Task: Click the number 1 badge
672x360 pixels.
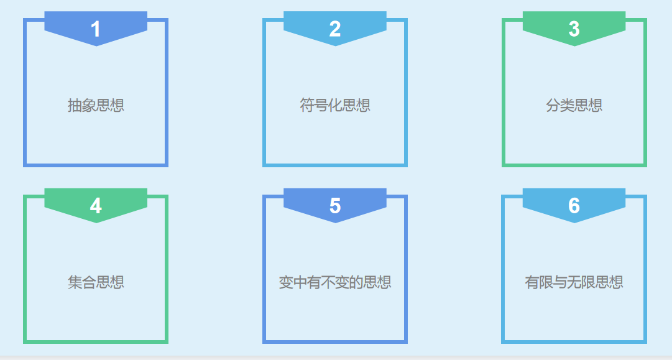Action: (96, 29)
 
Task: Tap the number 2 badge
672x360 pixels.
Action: (335, 29)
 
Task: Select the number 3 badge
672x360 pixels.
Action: (574, 29)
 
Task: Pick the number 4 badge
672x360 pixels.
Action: (96, 206)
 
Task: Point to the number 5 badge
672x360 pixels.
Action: (335, 206)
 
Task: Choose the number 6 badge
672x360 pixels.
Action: (574, 206)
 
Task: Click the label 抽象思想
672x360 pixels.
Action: (96, 105)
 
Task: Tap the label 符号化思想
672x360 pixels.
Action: (335, 105)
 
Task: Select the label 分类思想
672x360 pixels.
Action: (574, 105)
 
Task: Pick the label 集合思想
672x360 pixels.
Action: (96, 282)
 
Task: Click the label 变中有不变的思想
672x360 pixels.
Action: (335, 282)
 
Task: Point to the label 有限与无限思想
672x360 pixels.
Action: (574, 282)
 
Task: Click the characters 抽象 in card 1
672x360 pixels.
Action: (81, 105)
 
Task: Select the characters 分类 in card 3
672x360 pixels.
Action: (559, 105)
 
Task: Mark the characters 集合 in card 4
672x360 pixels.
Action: (81, 282)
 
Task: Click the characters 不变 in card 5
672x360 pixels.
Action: (335, 282)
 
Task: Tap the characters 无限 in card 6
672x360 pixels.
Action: (581, 282)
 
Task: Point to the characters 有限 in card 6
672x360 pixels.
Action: (539, 282)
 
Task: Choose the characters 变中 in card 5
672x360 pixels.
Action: (293, 282)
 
